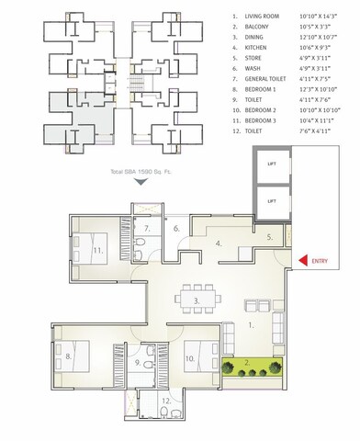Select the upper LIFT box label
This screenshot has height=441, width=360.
(x=271, y=164)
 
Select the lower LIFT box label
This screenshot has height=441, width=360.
(x=271, y=199)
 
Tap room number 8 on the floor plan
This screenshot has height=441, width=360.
(x=68, y=356)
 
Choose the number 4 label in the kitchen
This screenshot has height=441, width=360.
(x=218, y=243)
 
